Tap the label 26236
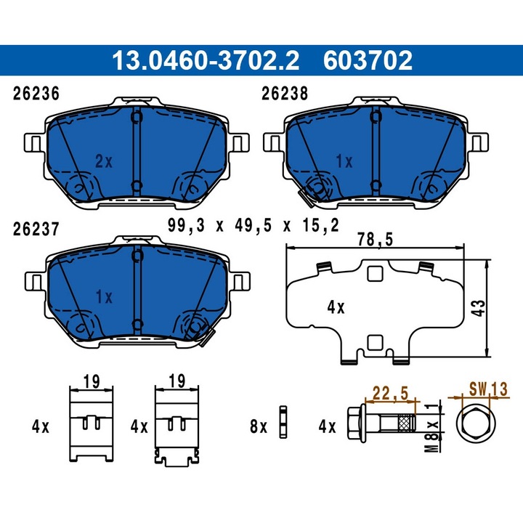(36, 93)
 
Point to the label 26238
(284, 93)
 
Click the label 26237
(36, 230)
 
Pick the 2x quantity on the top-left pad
(104, 161)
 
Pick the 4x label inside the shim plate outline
(335, 307)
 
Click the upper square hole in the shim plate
(375, 274)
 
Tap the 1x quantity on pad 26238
(345, 161)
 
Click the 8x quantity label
(259, 427)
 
